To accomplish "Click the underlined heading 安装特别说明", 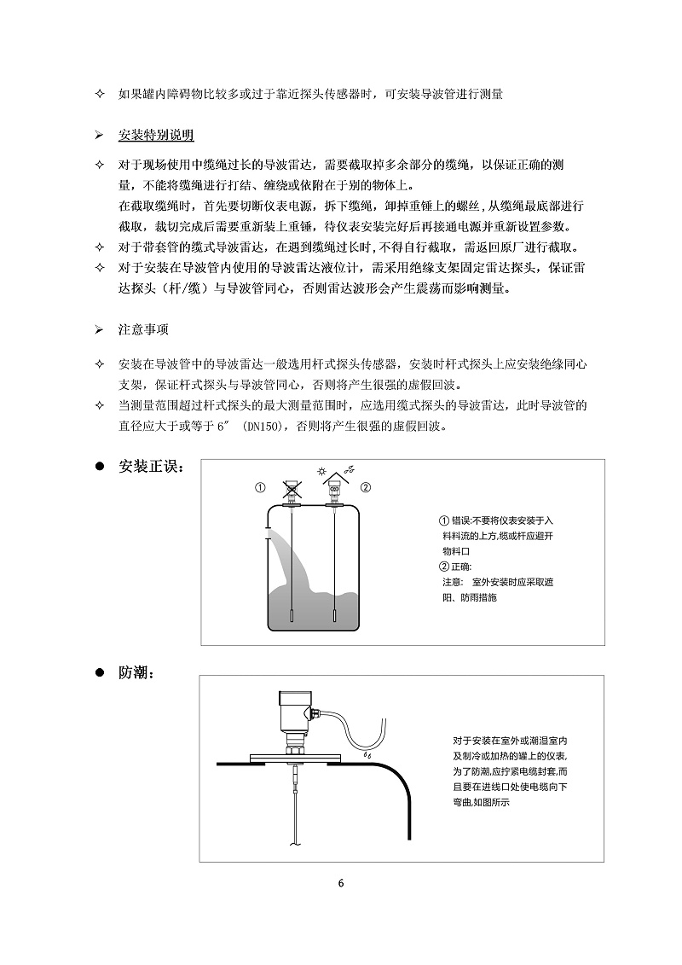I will point(156,136).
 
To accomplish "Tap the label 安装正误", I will point(149,468).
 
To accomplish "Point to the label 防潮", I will point(136,673).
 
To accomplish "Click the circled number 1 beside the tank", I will point(260,488).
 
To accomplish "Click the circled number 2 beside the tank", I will point(366,488).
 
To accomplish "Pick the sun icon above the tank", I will point(321,470).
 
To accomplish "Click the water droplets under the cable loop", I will point(368,756).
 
